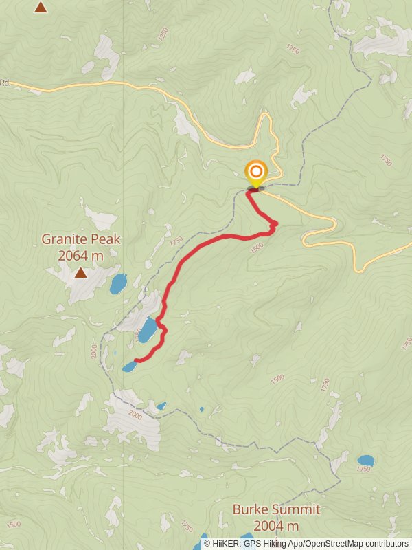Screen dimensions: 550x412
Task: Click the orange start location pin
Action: coord(255,172)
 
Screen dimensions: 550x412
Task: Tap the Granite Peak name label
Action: coord(81,239)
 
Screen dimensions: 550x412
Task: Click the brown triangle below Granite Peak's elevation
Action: coord(80,273)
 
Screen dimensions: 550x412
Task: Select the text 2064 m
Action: coord(81,256)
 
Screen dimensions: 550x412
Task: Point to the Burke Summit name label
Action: coord(276,509)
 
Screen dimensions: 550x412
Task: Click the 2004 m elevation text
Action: coord(276,526)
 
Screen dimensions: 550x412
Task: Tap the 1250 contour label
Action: coord(163,34)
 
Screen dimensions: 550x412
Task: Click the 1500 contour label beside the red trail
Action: coord(257,247)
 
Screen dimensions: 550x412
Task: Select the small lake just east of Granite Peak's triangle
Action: coord(119,283)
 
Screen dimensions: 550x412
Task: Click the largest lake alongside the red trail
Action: coord(147,330)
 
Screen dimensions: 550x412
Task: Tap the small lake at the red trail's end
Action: coord(129,367)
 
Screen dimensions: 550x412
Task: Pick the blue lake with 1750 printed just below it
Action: coord(366,460)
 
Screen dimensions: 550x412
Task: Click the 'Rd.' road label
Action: coord(4,82)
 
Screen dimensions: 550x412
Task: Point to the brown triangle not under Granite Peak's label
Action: coord(41,8)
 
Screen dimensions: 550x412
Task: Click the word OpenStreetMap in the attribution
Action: coord(334,544)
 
